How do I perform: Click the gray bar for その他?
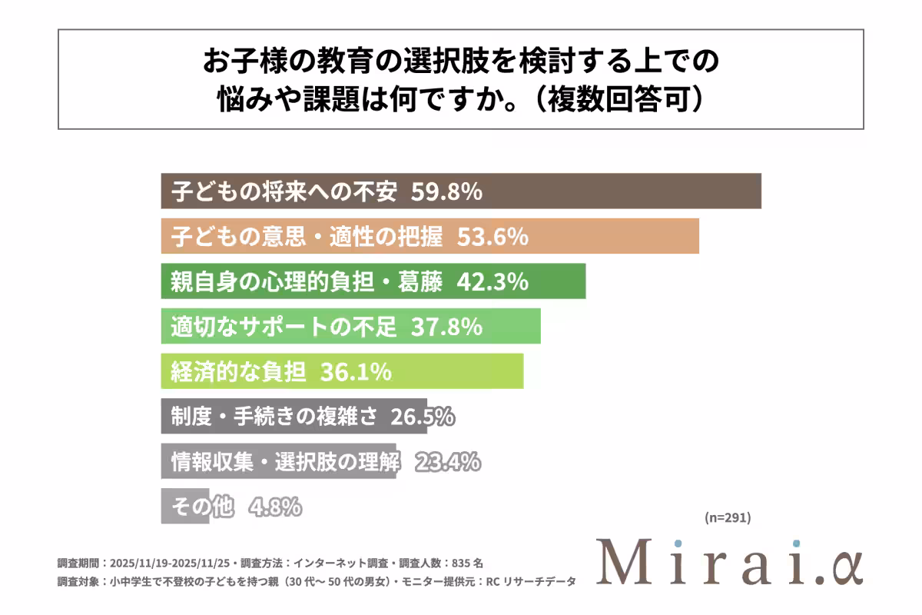[184, 507]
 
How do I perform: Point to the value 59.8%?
[446, 191]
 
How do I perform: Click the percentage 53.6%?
[493, 236]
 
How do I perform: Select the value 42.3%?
[493, 281]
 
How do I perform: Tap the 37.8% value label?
[446, 327]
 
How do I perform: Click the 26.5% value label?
[423, 417]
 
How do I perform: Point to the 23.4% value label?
[448, 462]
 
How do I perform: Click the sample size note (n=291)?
[728, 517]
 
